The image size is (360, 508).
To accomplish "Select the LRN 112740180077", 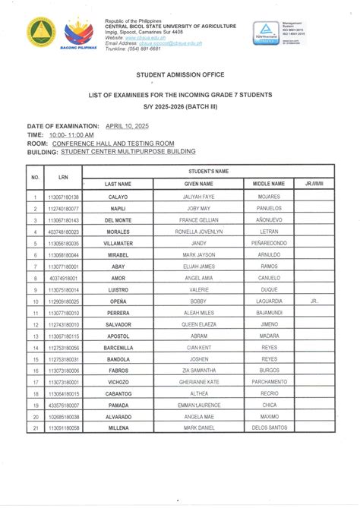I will [63, 208].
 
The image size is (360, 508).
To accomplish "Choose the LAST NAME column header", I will [118, 184].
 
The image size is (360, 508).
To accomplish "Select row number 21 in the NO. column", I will [35, 429].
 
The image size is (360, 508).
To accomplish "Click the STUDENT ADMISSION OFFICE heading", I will [180, 75].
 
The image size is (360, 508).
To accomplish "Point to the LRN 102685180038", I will [63, 417].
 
